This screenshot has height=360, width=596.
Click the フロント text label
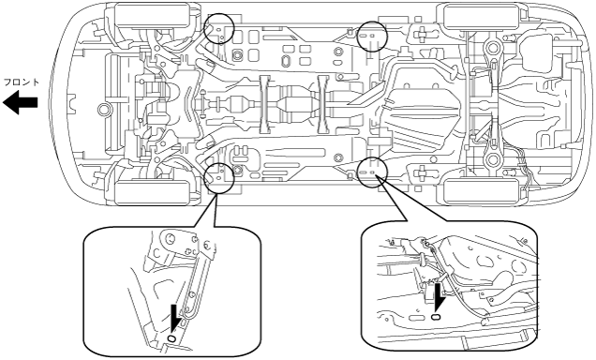tap(22, 82)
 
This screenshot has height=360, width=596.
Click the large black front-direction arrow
tap(20, 102)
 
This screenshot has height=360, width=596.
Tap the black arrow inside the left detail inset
tap(175, 316)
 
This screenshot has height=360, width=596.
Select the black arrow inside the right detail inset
tap(440, 297)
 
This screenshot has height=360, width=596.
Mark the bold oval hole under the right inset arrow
tap(436, 317)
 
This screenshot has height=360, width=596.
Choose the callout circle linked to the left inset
tap(218, 178)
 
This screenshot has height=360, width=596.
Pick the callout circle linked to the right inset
tap(373, 172)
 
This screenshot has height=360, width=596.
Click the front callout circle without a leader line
tap(218, 28)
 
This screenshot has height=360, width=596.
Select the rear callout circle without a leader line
tap(372, 37)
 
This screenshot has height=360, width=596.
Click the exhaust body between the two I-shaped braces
tap(292, 104)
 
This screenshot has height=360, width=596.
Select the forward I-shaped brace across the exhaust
tap(264, 104)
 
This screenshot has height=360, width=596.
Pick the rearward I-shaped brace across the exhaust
tap(323, 104)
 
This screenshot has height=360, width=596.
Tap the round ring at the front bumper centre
tap(103, 109)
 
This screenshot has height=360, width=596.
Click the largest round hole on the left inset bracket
tap(171, 239)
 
